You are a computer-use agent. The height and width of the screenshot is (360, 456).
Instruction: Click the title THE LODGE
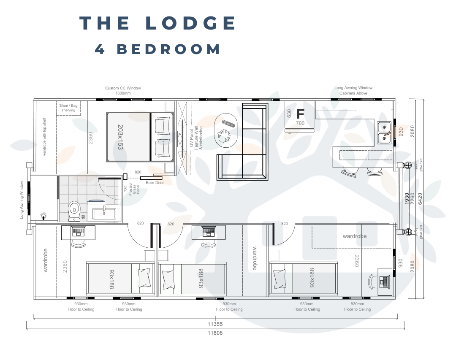pos(158,23)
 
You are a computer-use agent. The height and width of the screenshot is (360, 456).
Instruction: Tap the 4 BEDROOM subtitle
pos(157,49)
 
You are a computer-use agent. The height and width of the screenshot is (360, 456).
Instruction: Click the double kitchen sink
pos(384,132)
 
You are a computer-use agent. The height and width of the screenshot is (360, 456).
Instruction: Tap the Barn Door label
pos(155,183)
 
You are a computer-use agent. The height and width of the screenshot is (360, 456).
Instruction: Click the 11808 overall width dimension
pos(215,333)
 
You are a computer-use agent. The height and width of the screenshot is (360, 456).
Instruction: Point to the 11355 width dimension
pos(215,325)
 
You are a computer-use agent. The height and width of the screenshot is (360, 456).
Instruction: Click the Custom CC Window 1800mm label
pos(123,90)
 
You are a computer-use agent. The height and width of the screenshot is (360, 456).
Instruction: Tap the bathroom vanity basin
pos(103,211)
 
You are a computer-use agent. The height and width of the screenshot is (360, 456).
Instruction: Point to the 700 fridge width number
pos(300,123)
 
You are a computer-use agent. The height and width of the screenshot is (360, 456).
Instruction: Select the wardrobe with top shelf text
pos(44,137)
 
